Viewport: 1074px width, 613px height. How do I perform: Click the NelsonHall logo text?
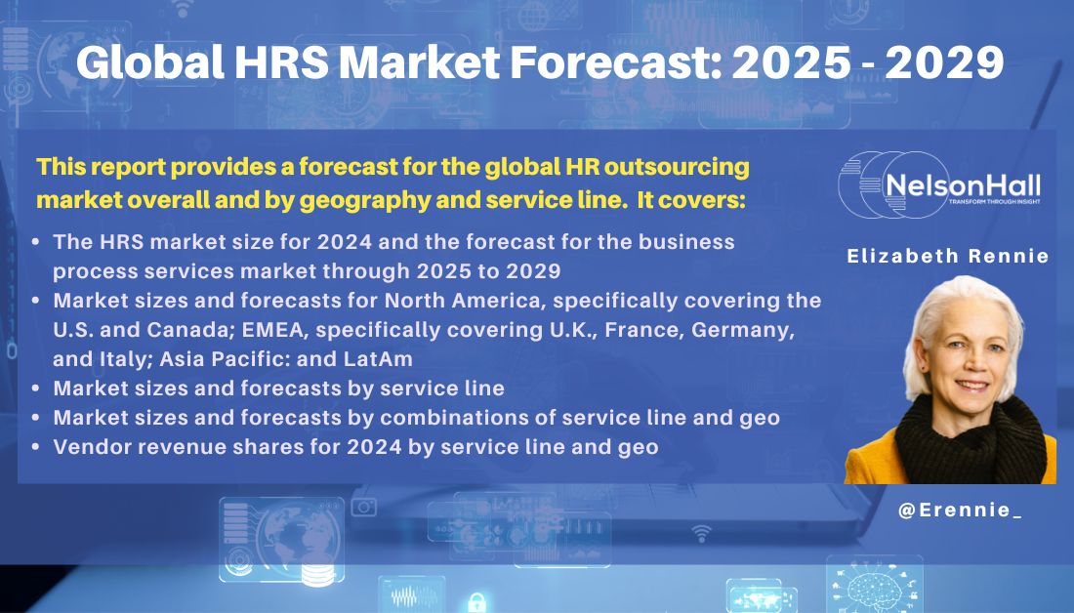[962, 185]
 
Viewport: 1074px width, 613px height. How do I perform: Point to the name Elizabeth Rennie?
[948, 257]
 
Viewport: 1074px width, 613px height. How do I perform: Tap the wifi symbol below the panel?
[701, 532]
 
